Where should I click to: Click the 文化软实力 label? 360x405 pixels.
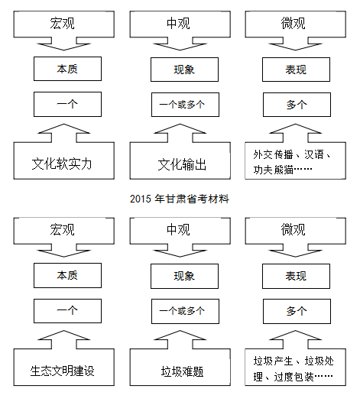tap(61, 164)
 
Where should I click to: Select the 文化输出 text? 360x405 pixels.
tap(182, 164)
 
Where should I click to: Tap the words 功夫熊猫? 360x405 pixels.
tap(273, 170)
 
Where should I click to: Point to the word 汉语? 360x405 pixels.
tap(314, 154)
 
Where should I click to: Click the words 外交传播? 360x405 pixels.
tap(273, 154)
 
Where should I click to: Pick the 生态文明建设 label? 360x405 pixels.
tap(62, 371)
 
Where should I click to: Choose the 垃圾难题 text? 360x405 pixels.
tap(182, 371)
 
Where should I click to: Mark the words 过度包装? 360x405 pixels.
tap(294, 377)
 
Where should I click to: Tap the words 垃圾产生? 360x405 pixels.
tap(273, 361)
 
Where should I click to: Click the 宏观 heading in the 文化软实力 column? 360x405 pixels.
tap(62, 23)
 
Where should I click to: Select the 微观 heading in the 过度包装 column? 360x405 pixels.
tap(293, 229)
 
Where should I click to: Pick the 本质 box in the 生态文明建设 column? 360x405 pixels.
tap(67, 275)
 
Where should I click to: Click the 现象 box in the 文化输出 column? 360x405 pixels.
tap(184, 70)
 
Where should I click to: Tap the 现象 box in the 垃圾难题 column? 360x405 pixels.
tap(184, 276)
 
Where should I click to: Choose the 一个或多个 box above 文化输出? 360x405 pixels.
tap(185, 105)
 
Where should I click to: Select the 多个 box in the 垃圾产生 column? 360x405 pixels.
tap(297, 311)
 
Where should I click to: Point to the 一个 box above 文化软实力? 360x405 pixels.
tap(67, 104)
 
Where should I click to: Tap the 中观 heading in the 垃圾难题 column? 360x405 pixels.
tap(178, 229)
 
